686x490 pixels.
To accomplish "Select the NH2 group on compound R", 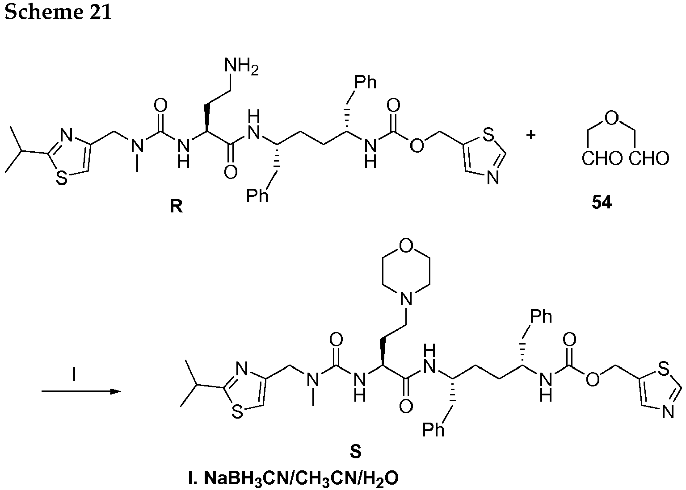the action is [x=242, y=66].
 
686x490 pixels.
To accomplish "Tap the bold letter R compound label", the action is [x=177, y=206].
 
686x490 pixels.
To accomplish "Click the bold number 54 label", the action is [x=602, y=203].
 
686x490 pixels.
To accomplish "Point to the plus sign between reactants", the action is [x=531, y=135].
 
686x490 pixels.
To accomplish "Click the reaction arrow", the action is [x=81, y=391].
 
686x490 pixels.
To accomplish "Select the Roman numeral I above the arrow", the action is [x=74, y=374].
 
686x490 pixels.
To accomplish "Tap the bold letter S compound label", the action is [x=356, y=452].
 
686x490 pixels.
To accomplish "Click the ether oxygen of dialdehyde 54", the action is [x=612, y=119].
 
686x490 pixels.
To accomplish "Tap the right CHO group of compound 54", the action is [x=649, y=159].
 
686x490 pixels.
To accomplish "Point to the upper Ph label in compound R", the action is [x=366, y=82].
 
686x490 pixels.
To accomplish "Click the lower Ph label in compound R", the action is [x=257, y=196].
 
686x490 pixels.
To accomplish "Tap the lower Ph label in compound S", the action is [x=433, y=430].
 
